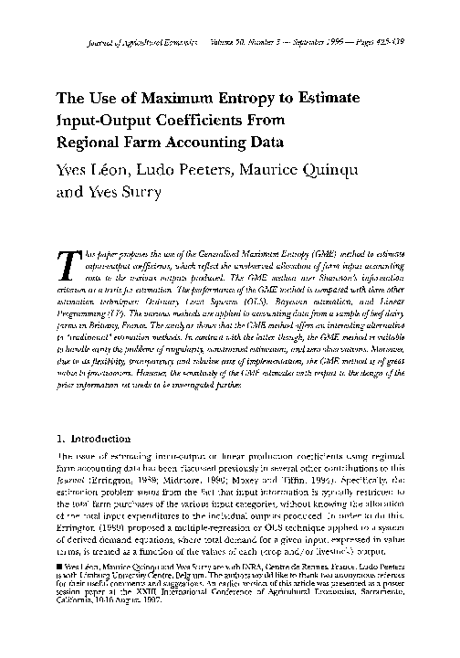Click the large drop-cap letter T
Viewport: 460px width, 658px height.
[x=66, y=262]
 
